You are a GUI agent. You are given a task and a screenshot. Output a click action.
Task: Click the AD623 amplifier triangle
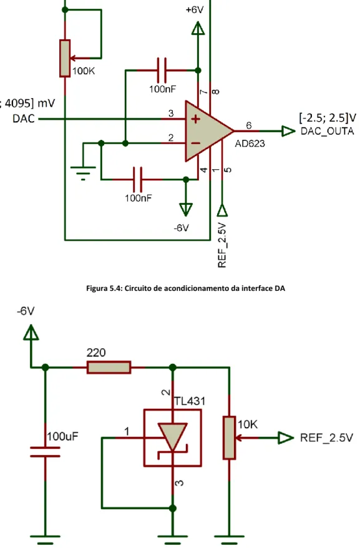pyautogui.click(x=207, y=132)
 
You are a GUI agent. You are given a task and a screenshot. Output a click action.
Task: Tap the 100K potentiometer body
pyautogui.click(x=65, y=58)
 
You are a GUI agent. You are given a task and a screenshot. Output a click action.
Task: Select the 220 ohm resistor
pyautogui.click(x=109, y=368)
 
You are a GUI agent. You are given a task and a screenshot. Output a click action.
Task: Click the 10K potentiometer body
pyautogui.click(x=229, y=437)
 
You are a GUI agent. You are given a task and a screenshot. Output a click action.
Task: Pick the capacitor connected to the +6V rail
pyautogui.click(x=162, y=71)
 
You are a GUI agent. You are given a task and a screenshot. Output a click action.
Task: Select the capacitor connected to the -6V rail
pyautogui.click(x=138, y=179)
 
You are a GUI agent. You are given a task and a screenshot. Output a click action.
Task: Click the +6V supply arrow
pyautogui.click(x=198, y=28)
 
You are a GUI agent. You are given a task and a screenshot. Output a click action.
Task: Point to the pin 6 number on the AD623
pyautogui.click(x=248, y=125)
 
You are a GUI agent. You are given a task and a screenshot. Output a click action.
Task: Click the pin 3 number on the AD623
pyautogui.click(x=171, y=113)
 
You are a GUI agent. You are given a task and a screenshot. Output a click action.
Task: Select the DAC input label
pyautogui.click(x=24, y=119)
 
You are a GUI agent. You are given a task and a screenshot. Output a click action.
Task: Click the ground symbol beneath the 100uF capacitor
pyautogui.click(x=45, y=539)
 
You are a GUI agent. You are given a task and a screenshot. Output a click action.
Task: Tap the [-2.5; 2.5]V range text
pyautogui.click(x=328, y=118)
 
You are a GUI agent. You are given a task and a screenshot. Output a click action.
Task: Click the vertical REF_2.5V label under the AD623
pyautogui.click(x=222, y=246)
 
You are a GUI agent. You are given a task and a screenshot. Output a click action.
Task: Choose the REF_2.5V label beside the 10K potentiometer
pyautogui.click(x=326, y=438)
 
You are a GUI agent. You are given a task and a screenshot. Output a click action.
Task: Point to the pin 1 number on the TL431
pyautogui.click(x=127, y=432)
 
